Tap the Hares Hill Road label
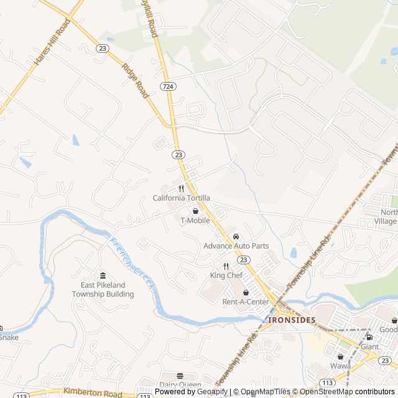[52, 42]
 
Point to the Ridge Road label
[136, 80]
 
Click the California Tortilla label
[182, 198]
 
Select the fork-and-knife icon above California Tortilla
[182, 188]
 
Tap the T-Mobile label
[195, 220]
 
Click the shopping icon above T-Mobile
[195, 211]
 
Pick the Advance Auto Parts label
[236, 246]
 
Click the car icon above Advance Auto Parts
[236, 237]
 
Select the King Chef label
[226, 275]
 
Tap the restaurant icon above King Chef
[226, 266]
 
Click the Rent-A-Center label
[246, 302]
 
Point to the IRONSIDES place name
[292, 320]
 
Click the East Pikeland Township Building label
[103, 289]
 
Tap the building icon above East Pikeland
[103, 275]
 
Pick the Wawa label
[340, 366]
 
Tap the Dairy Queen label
[180, 385]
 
